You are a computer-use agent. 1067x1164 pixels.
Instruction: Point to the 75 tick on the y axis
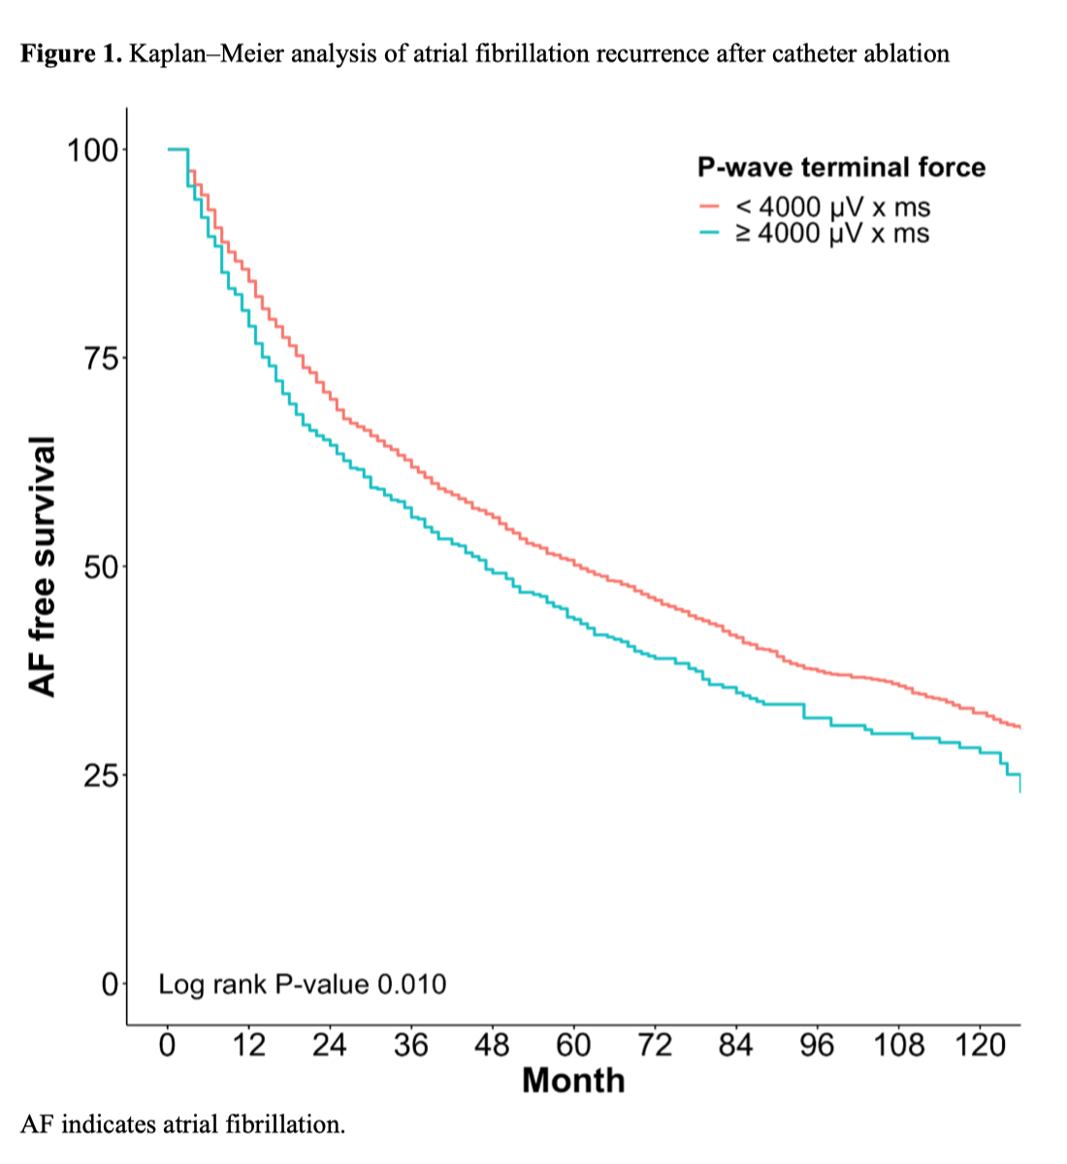coord(102,359)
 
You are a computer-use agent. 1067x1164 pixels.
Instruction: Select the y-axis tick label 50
coord(102,567)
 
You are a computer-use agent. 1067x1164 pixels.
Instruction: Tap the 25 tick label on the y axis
coord(102,776)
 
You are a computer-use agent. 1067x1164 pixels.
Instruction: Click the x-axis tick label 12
coord(249,1046)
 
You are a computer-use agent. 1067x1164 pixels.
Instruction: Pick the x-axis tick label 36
coord(411,1046)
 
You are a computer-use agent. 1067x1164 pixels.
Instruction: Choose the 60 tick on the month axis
coord(573,1046)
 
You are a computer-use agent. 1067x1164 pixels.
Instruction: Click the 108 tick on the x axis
coord(898,1046)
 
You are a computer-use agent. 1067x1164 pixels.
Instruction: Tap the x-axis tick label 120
coord(980,1046)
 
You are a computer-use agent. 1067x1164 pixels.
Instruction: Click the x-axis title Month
coord(573,1081)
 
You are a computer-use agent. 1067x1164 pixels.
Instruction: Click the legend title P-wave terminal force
coord(841,168)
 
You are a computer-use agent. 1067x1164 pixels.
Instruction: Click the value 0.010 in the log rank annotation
coord(411,986)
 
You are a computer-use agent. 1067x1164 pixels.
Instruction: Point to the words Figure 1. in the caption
coord(71,53)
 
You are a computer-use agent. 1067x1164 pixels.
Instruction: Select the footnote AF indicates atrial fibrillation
coord(182,1125)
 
